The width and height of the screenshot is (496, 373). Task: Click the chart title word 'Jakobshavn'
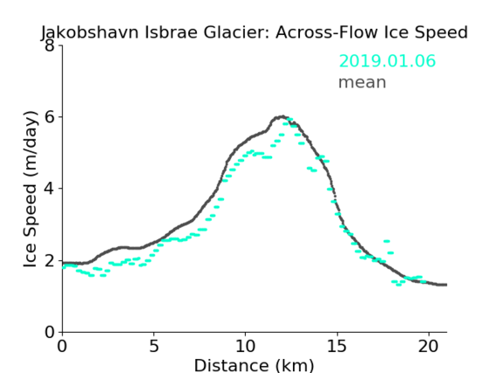pyautogui.click(x=90, y=33)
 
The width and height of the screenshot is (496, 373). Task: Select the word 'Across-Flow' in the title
pyautogui.click(x=327, y=32)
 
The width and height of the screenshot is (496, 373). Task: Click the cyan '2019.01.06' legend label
pyautogui.click(x=387, y=61)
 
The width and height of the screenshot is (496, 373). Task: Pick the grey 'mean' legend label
pyautogui.click(x=363, y=82)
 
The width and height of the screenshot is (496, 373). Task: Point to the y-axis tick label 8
pyautogui.click(x=50, y=45)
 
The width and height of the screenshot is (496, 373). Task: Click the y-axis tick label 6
pyautogui.click(x=50, y=117)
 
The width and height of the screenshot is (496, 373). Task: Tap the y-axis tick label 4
pyautogui.click(x=50, y=189)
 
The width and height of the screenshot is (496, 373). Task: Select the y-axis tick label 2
pyautogui.click(x=50, y=260)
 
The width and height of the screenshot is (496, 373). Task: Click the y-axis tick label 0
pyautogui.click(x=50, y=332)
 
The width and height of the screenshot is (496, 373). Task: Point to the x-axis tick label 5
pyautogui.click(x=153, y=346)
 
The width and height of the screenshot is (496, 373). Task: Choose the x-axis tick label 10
pyautogui.click(x=246, y=346)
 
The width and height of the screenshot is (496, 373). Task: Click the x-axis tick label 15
pyautogui.click(x=336, y=346)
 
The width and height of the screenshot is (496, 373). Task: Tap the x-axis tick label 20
pyautogui.click(x=429, y=346)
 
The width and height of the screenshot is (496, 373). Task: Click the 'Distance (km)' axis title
pyautogui.click(x=254, y=365)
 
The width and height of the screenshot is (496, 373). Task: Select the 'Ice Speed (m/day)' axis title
pyautogui.click(x=31, y=189)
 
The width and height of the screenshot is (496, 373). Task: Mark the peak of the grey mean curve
pyautogui.click(x=282, y=117)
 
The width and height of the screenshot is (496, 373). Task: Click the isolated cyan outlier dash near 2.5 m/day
pyautogui.click(x=386, y=241)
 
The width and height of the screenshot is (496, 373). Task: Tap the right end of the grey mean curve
pyautogui.click(x=446, y=285)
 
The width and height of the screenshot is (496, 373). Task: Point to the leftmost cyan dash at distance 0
pyautogui.click(x=64, y=267)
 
